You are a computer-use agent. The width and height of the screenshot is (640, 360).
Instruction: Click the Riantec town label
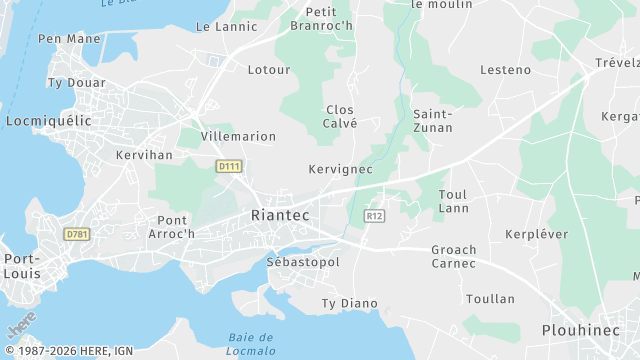coord(280,216)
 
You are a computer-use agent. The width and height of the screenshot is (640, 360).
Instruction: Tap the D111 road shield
coord(229,166)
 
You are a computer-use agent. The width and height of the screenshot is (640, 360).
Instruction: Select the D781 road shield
coord(76,234)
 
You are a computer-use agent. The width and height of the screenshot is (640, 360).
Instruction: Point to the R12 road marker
coord(375,216)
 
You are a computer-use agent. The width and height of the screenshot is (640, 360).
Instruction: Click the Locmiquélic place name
coord(48,121)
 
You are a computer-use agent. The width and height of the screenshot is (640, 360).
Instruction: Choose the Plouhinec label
coord(582,330)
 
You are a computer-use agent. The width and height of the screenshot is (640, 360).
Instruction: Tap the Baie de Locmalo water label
coord(251,343)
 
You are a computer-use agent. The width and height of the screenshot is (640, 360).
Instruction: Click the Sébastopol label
coord(303,262)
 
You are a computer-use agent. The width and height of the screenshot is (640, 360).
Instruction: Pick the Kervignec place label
coord(340,170)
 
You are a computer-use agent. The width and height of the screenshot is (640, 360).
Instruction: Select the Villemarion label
coord(238,136)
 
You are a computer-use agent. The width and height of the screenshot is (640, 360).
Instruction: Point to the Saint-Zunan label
coord(433,121)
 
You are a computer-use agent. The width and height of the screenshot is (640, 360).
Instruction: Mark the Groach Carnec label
coord(454,257)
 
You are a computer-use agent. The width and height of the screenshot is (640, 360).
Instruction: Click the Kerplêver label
coord(537,234)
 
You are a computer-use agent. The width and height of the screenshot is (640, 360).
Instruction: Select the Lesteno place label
coord(505,70)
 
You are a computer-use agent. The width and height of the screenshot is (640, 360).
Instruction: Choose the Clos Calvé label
coord(341,116)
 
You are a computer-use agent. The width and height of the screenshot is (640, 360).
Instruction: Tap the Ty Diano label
coord(349,303)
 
